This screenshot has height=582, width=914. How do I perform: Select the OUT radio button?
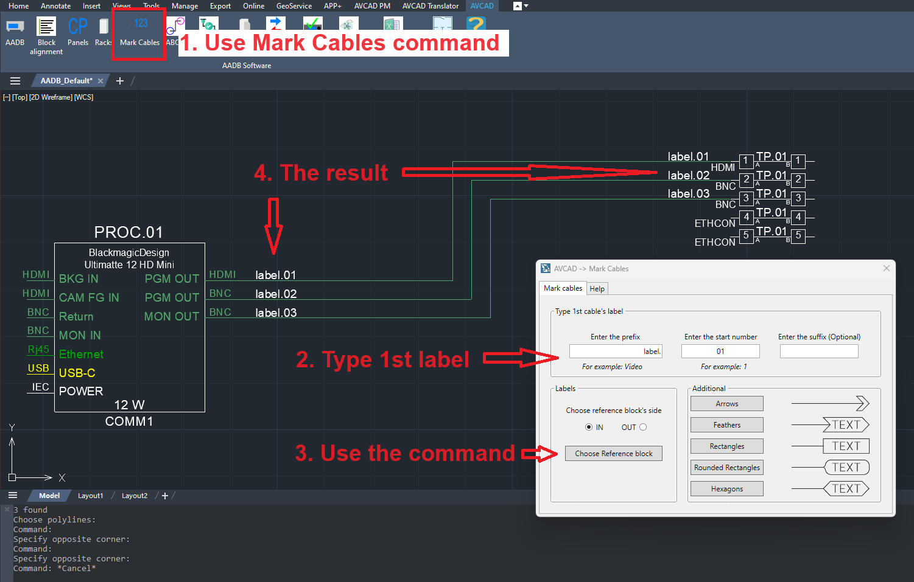[643, 427]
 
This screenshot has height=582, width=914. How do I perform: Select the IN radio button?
[589, 427]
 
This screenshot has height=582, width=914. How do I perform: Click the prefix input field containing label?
[616, 352]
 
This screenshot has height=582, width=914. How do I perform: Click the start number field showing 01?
[720, 352]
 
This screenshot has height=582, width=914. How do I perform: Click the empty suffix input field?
[819, 352]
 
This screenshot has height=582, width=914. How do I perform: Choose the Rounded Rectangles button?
[726, 468]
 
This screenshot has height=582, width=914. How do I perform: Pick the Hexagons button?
[726, 489]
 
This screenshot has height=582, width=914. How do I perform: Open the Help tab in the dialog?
[597, 288]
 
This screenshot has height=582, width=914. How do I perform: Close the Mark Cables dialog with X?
[886, 268]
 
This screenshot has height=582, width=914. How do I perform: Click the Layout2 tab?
[134, 496]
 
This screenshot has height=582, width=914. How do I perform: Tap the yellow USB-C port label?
[77, 373]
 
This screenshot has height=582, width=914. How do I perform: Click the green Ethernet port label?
[81, 354]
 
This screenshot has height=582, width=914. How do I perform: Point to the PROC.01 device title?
[128, 232]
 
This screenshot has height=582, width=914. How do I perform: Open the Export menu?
[220, 5]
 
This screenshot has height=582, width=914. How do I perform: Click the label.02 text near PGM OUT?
[276, 294]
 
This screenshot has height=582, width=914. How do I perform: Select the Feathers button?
[726, 425]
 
